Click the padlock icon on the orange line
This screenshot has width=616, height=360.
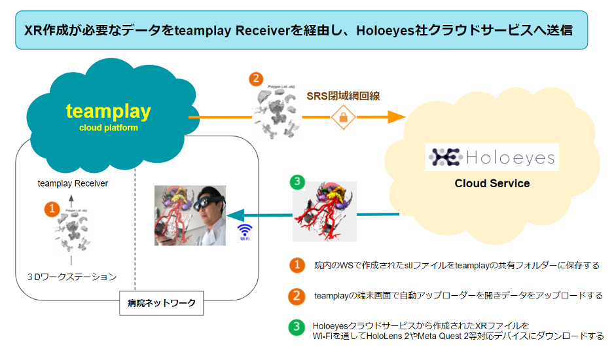[x=343, y=117]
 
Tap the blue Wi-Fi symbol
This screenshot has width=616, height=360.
[x=245, y=230]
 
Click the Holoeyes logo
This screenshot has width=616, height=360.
[x=492, y=157]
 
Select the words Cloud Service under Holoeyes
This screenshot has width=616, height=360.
[x=492, y=183]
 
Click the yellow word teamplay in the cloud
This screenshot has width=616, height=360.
[x=108, y=111]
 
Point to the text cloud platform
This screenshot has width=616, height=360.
[x=109, y=128]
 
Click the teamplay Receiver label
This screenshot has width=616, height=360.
[x=73, y=183]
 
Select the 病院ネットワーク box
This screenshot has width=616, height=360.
[x=161, y=303]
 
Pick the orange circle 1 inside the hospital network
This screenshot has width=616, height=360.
[x=50, y=209]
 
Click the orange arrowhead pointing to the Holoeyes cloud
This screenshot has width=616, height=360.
[x=396, y=117]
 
